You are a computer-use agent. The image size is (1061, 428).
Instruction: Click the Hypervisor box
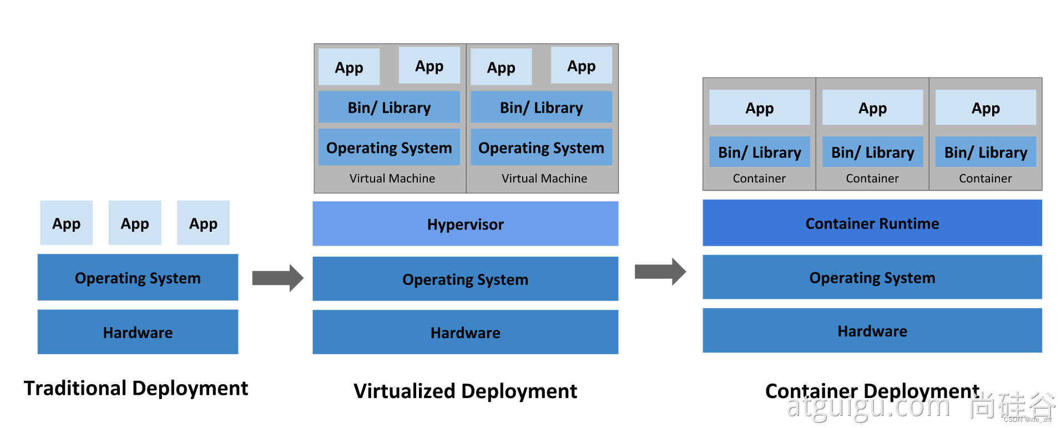click(465, 224)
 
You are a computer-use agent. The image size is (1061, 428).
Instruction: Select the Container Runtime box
click(872, 223)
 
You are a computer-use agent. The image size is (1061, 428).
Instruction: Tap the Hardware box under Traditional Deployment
click(138, 332)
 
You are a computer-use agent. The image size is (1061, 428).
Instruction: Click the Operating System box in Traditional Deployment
click(138, 277)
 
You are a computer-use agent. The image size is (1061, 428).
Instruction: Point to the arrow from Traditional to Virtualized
click(277, 278)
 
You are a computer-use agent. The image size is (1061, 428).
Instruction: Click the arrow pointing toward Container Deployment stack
click(660, 272)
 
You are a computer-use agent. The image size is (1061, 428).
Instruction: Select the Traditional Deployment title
click(136, 388)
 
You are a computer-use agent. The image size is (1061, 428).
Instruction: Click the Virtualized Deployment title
click(465, 391)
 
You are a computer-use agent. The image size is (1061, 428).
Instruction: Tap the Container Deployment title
click(872, 391)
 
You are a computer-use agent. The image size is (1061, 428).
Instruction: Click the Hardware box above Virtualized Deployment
click(465, 332)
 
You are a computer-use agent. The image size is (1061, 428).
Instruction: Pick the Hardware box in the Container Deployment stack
click(872, 331)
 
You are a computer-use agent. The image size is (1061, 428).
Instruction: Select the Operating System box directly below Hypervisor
click(465, 279)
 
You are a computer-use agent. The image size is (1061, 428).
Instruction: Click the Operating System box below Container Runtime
click(872, 277)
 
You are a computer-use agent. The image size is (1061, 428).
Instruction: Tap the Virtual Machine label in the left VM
click(392, 179)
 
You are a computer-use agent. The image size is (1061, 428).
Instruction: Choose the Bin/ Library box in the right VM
click(541, 107)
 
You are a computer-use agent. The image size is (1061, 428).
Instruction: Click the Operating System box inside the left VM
click(389, 147)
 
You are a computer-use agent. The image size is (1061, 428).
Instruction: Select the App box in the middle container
click(872, 108)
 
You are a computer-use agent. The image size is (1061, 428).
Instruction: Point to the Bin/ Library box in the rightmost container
click(986, 152)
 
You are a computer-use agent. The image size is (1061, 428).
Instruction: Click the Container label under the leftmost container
click(759, 179)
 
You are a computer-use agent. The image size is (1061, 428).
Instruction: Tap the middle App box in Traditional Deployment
click(135, 223)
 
